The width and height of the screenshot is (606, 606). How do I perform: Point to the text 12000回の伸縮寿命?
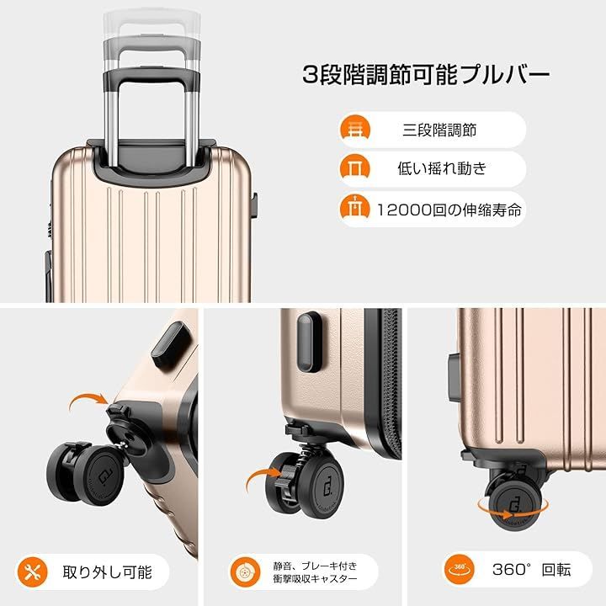tap(449, 208)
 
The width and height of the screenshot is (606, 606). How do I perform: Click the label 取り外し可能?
tap(108, 571)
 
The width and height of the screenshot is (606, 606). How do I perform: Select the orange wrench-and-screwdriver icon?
tap(32, 571)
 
